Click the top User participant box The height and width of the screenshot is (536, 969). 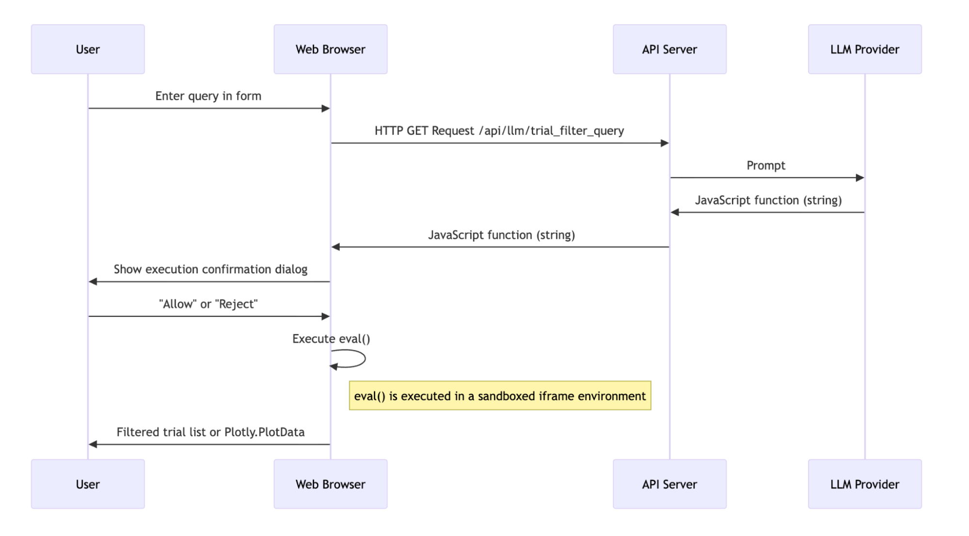point(88,49)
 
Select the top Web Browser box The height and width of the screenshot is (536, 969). point(331,49)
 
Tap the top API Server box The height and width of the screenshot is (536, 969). point(669,49)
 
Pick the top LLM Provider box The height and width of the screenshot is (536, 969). point(865,49)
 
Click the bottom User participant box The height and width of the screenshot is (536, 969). point(88,484)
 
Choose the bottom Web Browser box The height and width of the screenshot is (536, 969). point(331,484)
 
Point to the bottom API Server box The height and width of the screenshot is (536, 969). point(669,484)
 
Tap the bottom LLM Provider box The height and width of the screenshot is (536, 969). point(865,484)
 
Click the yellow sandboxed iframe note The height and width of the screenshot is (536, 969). point(500,395)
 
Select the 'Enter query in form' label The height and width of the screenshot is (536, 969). point(208,96)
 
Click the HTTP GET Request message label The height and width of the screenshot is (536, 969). point(499,131)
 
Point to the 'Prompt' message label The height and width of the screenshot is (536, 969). point(766,165)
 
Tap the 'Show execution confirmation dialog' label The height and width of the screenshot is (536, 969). point(210,269)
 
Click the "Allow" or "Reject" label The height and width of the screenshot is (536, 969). point(208,304)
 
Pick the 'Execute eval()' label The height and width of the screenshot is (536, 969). point(331,339)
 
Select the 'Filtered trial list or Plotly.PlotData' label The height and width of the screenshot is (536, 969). point(210,432)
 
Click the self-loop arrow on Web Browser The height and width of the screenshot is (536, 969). point(365,359)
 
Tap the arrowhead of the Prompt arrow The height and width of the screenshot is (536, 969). point(860,178)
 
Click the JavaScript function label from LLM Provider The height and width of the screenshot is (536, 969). point(768,200)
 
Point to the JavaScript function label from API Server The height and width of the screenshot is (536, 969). point(501,235)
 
